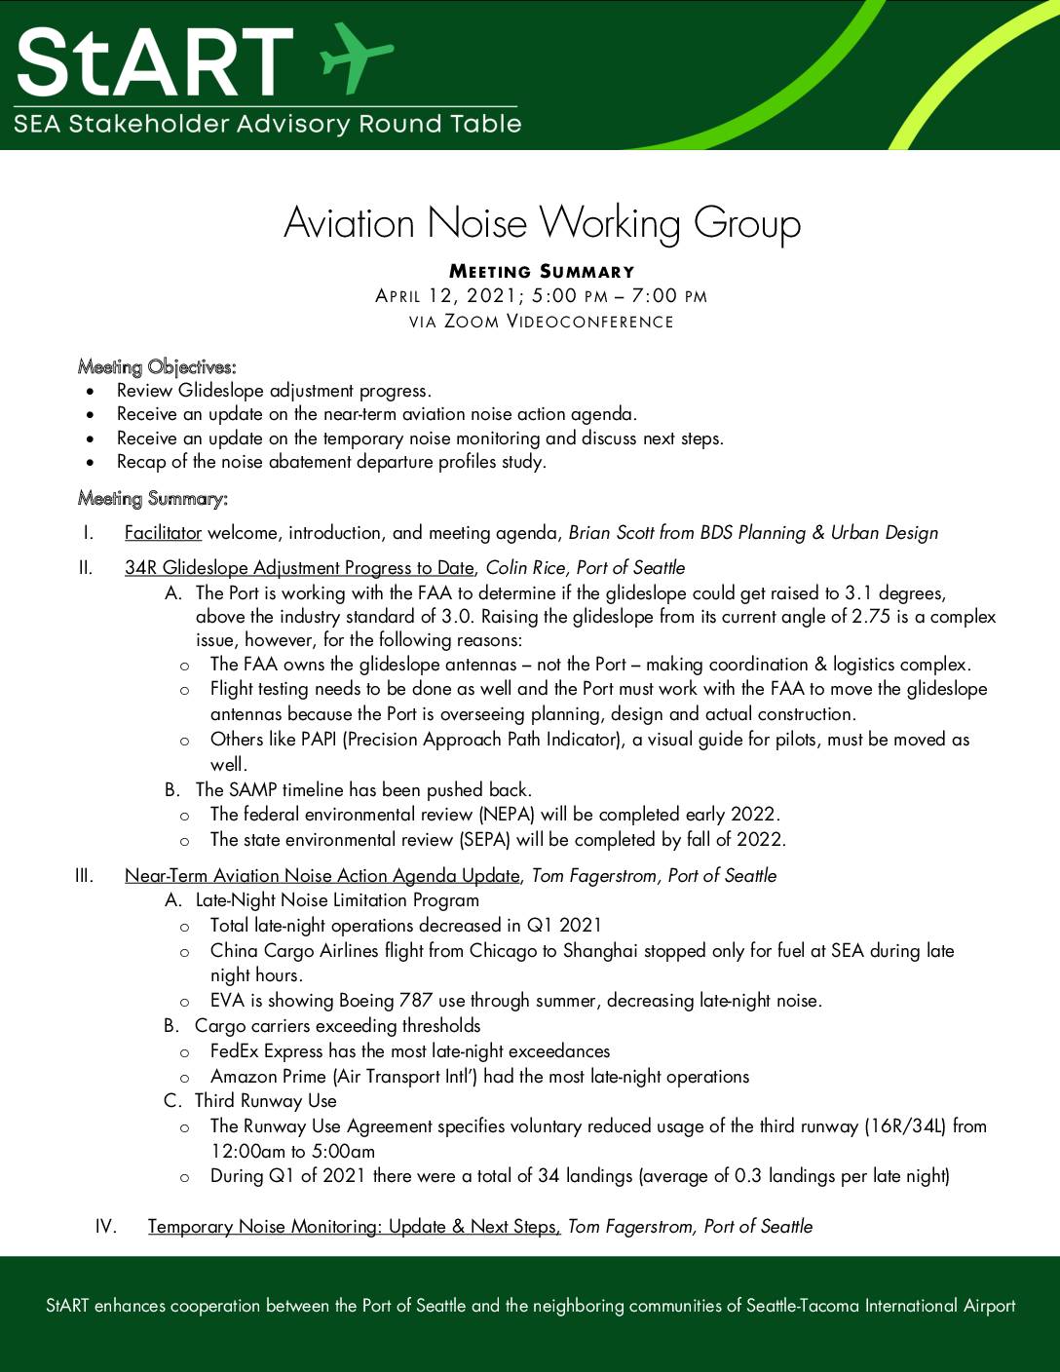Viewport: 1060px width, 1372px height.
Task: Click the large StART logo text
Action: (154, 60)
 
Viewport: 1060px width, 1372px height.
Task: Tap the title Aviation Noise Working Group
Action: (542, 223)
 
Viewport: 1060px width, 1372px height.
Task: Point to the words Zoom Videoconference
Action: (558, 322)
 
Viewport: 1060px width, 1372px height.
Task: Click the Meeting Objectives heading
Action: (157, 367)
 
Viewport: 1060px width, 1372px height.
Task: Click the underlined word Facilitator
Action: (163, 533)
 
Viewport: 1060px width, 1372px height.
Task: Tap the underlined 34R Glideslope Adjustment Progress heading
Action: (298, 568)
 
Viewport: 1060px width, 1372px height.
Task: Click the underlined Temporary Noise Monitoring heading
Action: (354, 1227)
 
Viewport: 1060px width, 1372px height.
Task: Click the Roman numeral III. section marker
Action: (84, 875)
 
